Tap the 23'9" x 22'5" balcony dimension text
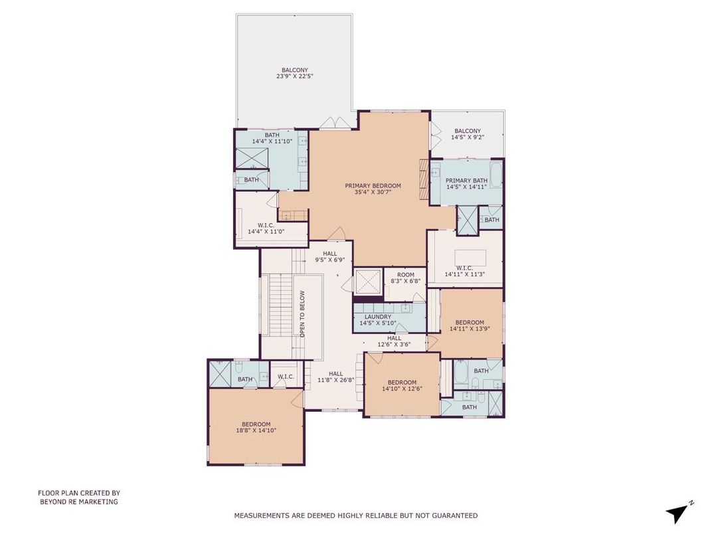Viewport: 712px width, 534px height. click(294, 76)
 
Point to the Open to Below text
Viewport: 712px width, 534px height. click(302, 313)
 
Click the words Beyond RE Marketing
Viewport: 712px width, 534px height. click(78, 501)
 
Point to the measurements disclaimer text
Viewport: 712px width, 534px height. click(355, 515)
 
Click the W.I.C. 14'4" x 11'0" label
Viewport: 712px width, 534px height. click(261, 228)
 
